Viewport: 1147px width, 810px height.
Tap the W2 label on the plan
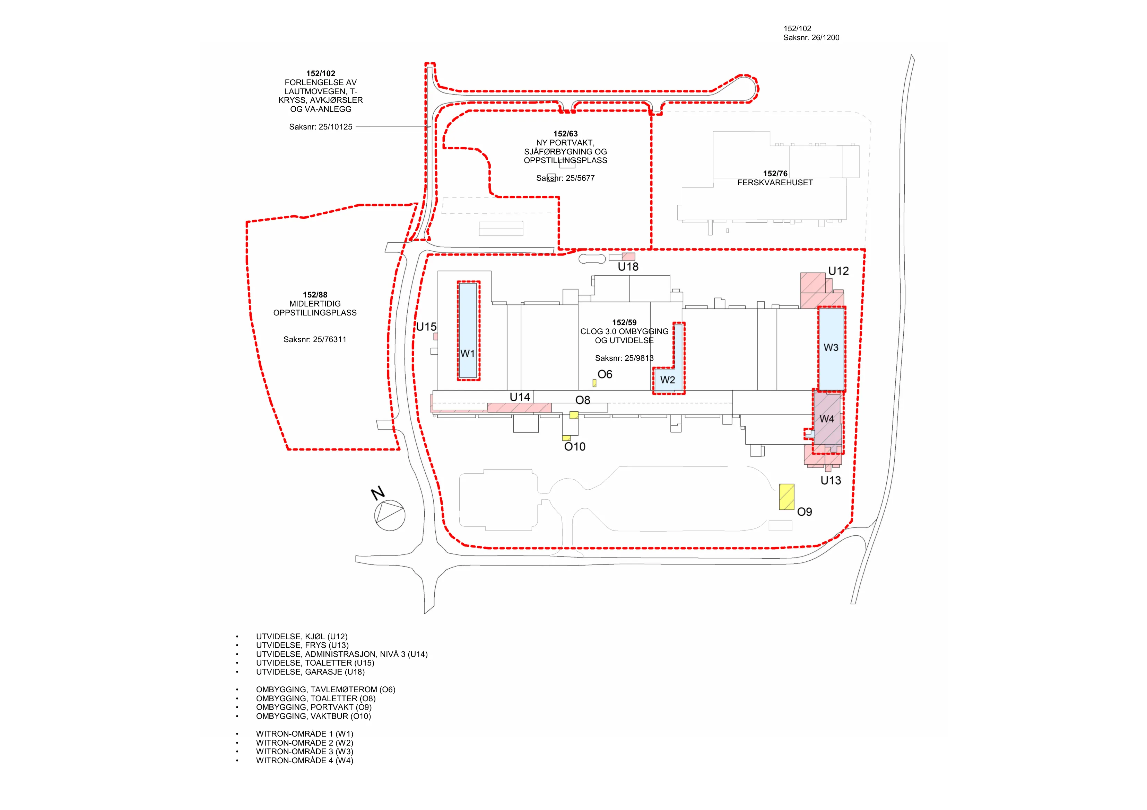(667, 380)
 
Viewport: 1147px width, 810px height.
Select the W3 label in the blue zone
(831, 347)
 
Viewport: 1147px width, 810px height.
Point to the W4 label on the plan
(827, 419)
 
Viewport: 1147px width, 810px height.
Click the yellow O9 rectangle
(787, 497)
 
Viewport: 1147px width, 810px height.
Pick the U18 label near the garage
(628, 267)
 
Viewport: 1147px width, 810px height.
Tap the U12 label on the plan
(838, 271)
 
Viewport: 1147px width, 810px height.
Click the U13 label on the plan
(831, 481)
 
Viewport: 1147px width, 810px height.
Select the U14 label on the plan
(520, 397)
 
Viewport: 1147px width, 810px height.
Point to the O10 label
(574, 447)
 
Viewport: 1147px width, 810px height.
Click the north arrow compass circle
(390, 515)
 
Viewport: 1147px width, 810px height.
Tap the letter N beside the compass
(378, 493)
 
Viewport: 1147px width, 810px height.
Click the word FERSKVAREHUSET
(775, 183)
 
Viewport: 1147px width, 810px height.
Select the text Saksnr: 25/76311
(315, 339)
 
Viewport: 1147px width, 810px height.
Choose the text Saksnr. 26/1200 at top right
(811, 37)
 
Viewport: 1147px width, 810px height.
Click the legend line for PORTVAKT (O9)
(314, 707)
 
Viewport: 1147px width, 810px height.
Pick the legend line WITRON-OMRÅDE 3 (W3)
(305, 751)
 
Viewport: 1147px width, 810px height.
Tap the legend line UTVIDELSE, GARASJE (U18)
(310, 672)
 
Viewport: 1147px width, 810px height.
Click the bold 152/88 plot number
(315, 295)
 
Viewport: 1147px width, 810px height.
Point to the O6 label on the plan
(605, 374)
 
